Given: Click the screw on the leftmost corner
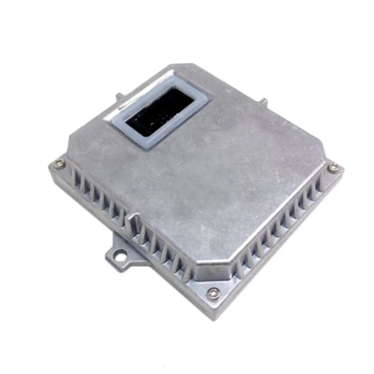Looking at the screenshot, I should tap(59, 163).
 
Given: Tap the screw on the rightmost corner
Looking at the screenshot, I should tap(332, 167).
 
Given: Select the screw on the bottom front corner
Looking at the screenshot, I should tap(214, 293).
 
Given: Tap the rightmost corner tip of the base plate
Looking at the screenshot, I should tap(344, 167).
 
